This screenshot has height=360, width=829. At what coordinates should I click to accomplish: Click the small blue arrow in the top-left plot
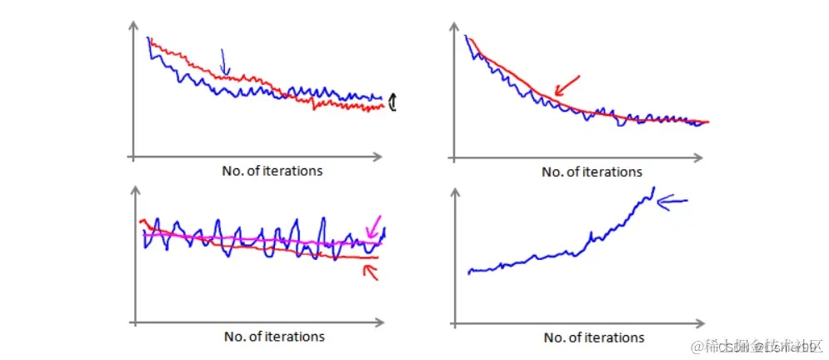click(x=223, y=62)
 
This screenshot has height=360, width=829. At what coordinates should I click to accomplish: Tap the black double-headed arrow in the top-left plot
click(x=393, y=102)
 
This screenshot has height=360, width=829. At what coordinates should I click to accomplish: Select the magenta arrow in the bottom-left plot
click(x=374, y=225)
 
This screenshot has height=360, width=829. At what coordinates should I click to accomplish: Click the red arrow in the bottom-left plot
click(x=369, y=272)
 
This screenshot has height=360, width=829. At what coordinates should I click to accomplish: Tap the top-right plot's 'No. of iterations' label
click(x=592, y=172)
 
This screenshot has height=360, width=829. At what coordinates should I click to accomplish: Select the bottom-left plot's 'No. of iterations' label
click(x=274, y=337)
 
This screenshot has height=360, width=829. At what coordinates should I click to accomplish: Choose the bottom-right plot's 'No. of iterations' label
click(x=594, y=337)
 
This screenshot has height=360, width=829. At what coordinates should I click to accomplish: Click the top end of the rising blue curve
click(x=654, y=188)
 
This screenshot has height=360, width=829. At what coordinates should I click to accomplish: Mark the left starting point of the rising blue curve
click(x=469, y=272)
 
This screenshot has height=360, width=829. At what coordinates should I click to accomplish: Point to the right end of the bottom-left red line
click(x=377, y=257)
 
